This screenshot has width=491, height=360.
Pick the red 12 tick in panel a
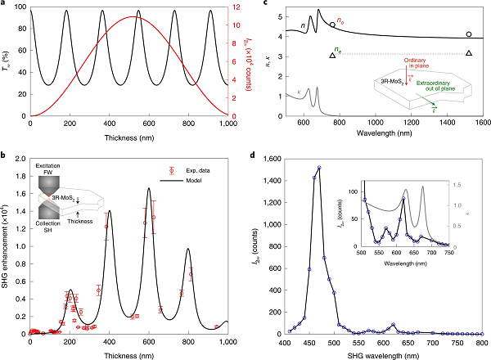tap(228, 7)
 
